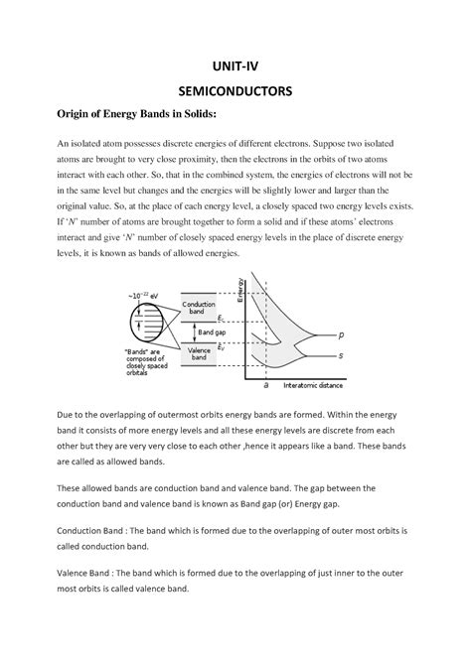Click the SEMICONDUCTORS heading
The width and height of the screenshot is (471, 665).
click(x=235, y=91)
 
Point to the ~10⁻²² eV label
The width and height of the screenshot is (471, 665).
click(x=144, y=296)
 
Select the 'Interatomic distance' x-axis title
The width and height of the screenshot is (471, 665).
click(x=313, y=384)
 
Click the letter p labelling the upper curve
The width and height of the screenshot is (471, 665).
click(x=341, y=334)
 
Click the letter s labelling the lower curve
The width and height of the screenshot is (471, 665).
click(x=341, y=354)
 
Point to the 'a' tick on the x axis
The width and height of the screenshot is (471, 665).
click(x=266, y=384)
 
